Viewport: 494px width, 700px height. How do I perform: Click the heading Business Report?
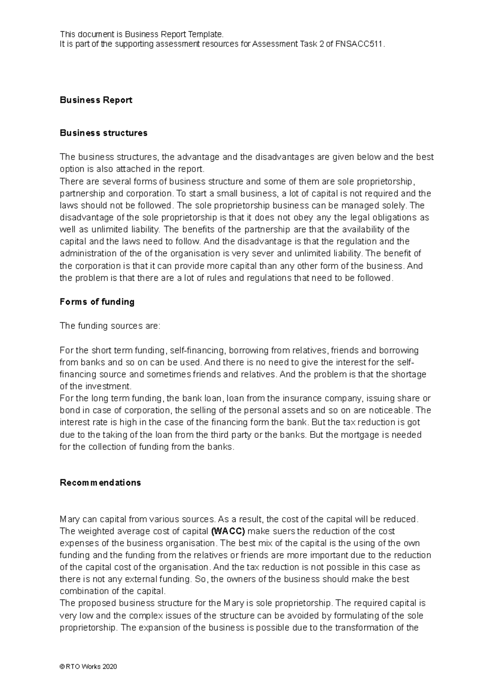pos(96,100)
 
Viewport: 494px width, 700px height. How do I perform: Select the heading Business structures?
pos(103,133)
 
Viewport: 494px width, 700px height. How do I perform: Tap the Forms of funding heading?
pos(97,302)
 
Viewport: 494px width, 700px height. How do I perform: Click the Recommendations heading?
pos(100,483)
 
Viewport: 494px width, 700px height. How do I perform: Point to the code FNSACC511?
pos(360,45)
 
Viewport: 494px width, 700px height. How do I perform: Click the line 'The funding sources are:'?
pos(109,326)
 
